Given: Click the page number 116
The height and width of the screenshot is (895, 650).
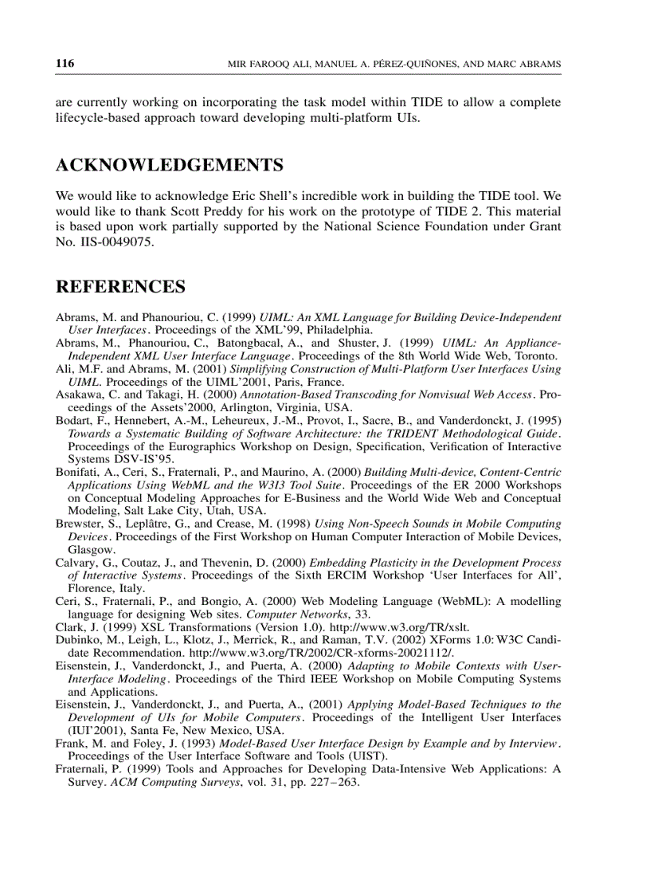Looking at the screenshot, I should click(65, 64).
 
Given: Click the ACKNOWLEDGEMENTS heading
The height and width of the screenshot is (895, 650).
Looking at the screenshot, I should click(169, 166).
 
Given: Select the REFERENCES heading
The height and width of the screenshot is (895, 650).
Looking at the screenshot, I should click(120, 287).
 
